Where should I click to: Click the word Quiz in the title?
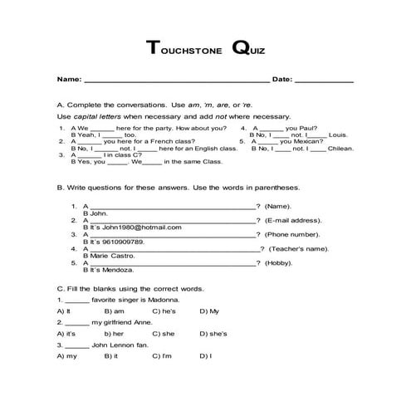pyautogui.click(x=249, y=48)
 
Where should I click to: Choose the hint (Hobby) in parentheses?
pyautogui.click(x=277, y=262)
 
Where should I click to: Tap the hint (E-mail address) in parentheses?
pyautogui.click(x=293, y=220)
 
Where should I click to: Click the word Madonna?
pyautogui.click(x=158, y=297)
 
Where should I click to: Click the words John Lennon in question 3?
pyautogui.click(x=111, y=344)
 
